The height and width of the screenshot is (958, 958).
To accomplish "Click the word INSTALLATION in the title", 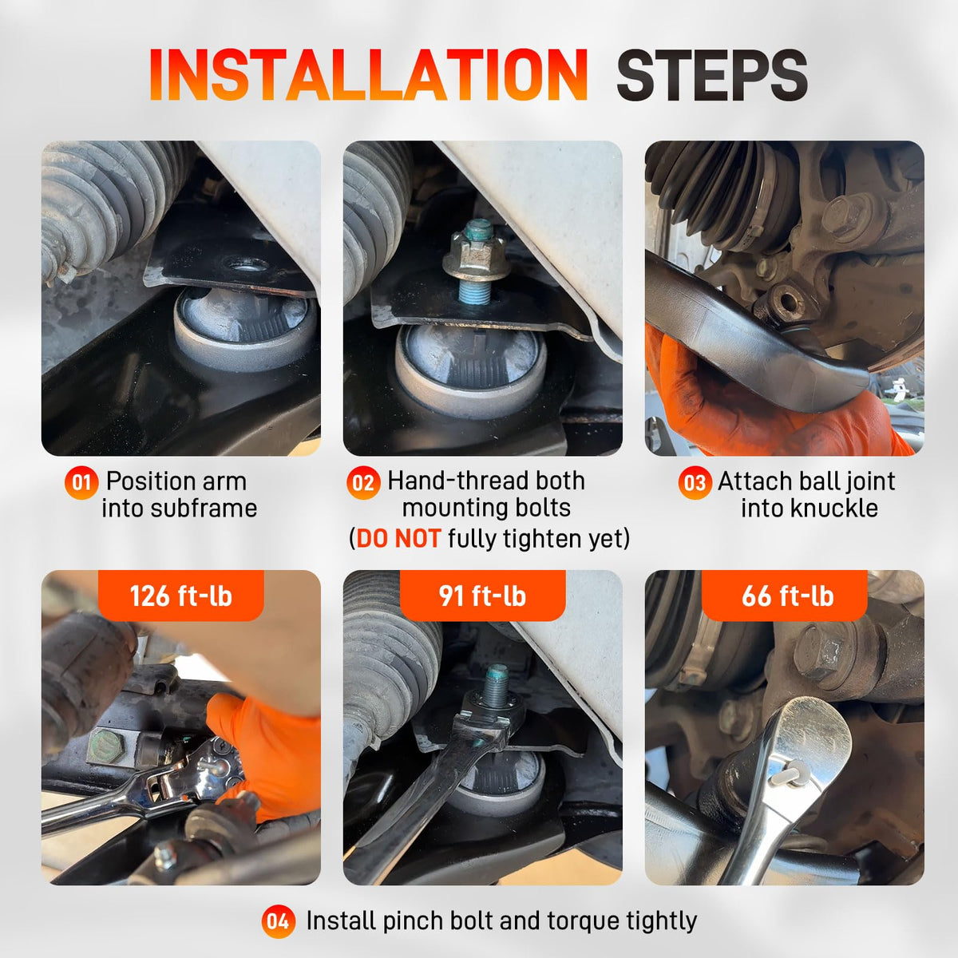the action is click(x=368, y=74).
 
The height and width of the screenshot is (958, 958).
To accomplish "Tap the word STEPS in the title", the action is click(x=711, y=76).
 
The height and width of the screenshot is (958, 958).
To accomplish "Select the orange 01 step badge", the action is click(x=81, y=482).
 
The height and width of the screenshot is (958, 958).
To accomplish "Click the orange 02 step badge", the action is click(x=363, y=483).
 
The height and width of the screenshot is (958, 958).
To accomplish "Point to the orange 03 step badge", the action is click(x=695, y=483).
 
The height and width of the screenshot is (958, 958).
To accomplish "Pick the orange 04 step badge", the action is click(x=278, y=921).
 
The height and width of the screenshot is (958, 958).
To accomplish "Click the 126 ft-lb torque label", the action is click(x=181, y=596).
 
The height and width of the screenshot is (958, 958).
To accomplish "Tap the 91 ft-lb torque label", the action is click(x=482, y=596).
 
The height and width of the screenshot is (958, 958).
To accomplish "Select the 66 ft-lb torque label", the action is click(x=787, y=596).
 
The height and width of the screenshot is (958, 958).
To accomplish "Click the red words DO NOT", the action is click(x=398, y=538).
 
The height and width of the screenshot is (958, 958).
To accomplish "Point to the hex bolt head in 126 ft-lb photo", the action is click(x=106, y=746).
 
